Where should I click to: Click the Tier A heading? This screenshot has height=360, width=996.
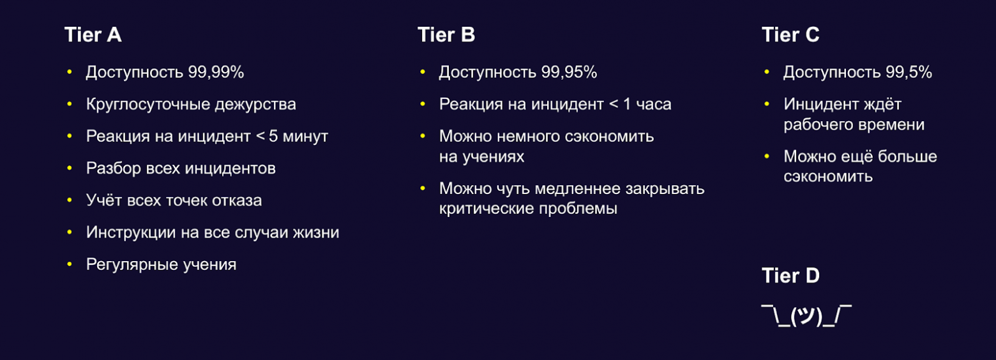point(93,34)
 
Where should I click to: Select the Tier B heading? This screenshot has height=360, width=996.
point(446,34)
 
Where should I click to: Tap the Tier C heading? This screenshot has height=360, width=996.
point(790,34)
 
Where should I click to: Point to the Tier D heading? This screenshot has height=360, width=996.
point(790,276)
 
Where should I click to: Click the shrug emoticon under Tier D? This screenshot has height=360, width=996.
point(806,316)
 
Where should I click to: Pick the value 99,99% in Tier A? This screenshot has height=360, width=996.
point(216,72)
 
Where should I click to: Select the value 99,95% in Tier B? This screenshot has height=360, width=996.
point(569,72)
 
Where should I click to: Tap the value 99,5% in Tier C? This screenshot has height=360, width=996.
point(909,72)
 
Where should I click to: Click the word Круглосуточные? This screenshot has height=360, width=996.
point(148,105)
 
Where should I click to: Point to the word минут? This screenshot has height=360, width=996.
point(305,137)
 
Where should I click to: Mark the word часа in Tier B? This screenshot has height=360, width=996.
point(654,105)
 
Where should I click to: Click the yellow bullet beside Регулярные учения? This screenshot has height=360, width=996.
point(70,264)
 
